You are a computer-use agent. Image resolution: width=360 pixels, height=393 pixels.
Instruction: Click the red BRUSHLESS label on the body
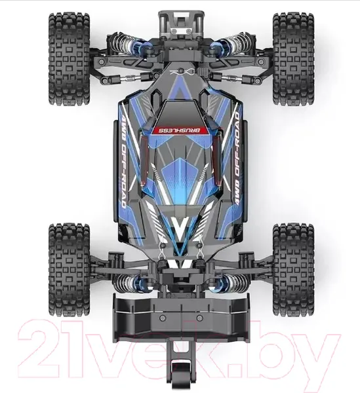click(x=180, y=130)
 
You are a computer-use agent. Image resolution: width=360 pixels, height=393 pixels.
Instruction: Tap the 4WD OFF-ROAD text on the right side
click(x=237, y=159)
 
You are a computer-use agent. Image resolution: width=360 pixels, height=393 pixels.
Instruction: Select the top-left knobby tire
click(x=70, y=59)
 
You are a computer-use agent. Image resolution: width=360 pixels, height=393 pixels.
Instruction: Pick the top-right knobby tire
click(x=293, y=59)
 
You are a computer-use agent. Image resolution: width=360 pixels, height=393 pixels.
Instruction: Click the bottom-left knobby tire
click(x=70, y=269)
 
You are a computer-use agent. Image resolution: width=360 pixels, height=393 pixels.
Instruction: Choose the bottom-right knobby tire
click(x=293, y=269)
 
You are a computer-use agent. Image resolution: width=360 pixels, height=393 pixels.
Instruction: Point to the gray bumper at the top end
click(x=180, y=24)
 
